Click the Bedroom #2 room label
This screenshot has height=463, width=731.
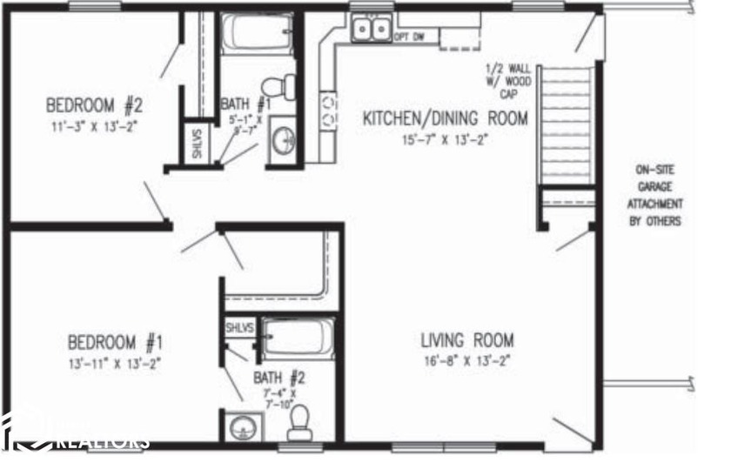point(93,107)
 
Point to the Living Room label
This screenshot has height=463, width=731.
point(467,340)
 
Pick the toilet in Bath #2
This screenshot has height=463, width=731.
point(300,424)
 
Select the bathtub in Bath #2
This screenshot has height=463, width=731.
point(298,339)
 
